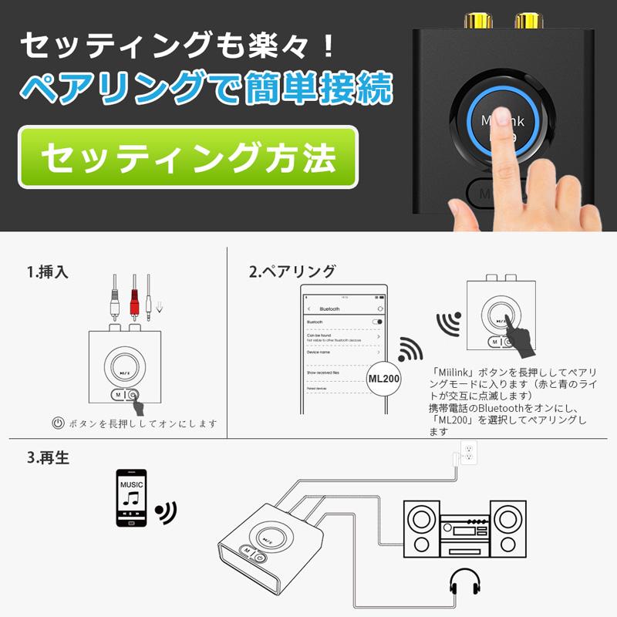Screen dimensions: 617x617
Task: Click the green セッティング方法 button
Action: (188, 157)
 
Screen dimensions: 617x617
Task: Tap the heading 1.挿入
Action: (48, 271)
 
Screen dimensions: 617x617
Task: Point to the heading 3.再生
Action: (48, 458)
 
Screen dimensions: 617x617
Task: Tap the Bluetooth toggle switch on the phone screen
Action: (377, 321)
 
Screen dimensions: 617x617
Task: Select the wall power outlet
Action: (468, 453)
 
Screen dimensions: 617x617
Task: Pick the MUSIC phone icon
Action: (131, 497)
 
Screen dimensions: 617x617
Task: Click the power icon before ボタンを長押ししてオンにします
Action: (57, 423)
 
